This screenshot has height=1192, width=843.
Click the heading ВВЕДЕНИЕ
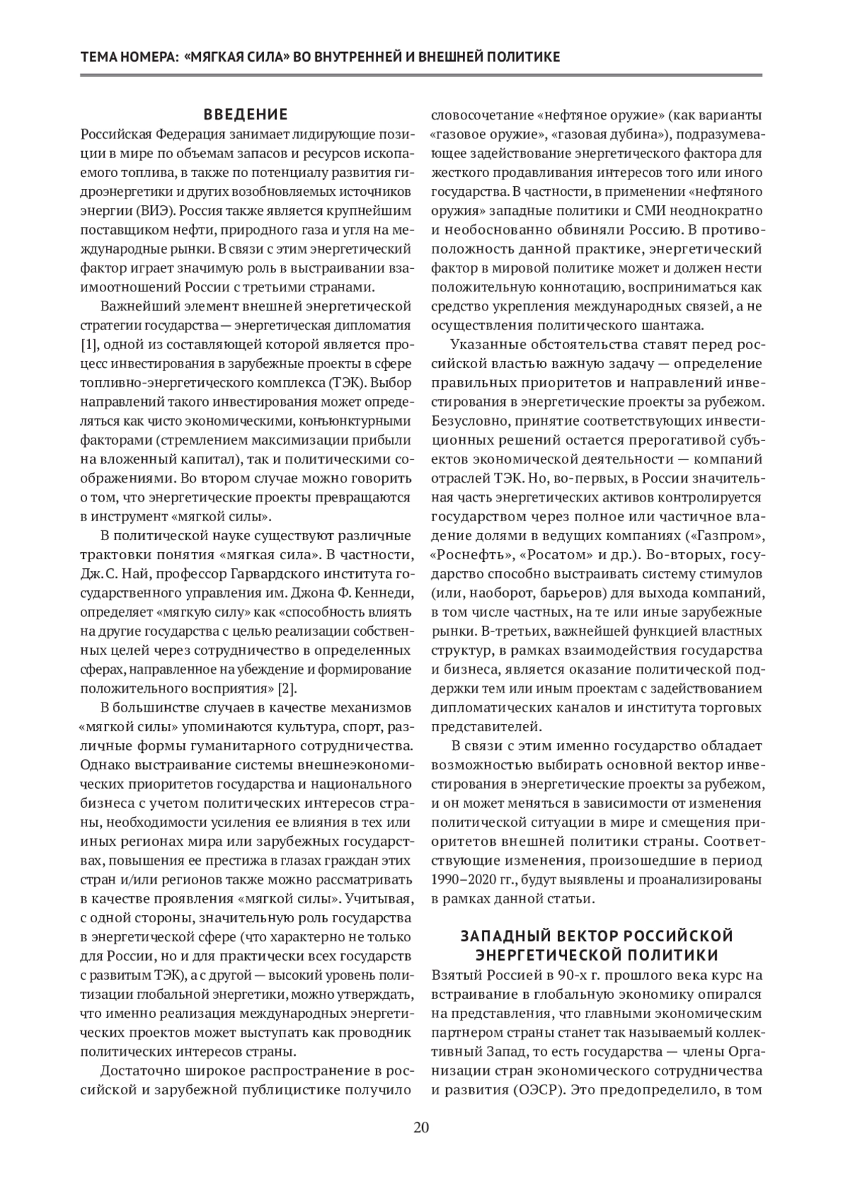click(x=246, y=114)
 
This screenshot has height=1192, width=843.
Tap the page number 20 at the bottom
click(x=421, y=1128)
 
